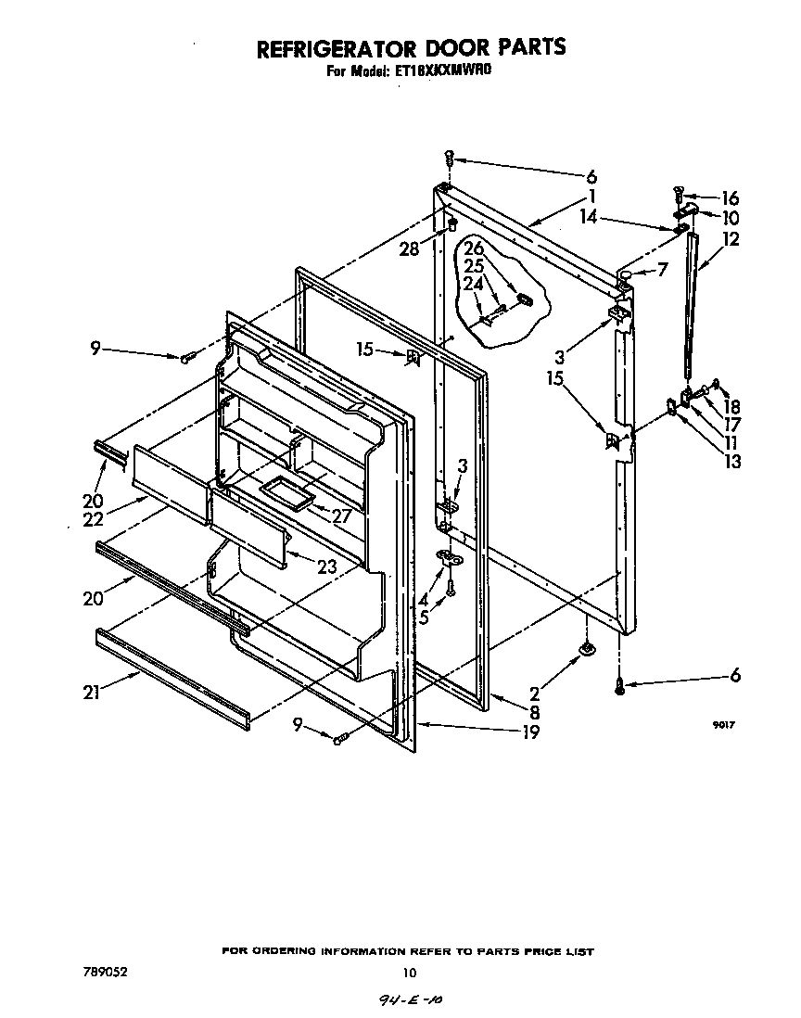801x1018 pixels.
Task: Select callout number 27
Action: pyautogui.click(x=341, y=516)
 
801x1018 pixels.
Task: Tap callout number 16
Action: pyautogui.click(x=731, y=197)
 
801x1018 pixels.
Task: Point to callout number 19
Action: pyautogui.click(x=530, y=732)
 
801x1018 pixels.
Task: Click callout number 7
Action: pyautogui.click(x=660, y=270)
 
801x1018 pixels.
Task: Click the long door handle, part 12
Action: pyautogui.click(x=691, y=306)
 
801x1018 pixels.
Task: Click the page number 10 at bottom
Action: pyautogui.click(x=410, y=973)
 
